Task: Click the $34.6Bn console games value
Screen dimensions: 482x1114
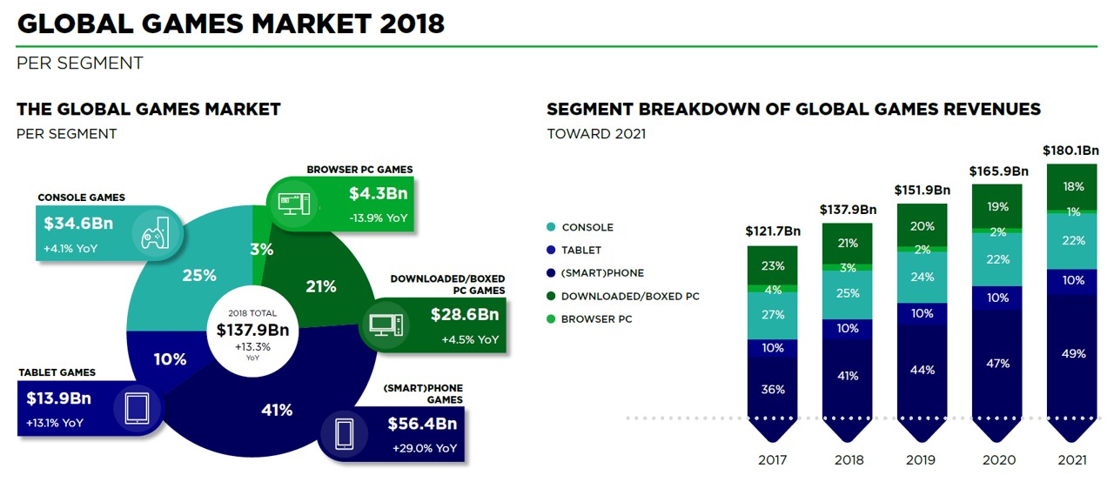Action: (x=78, y=223)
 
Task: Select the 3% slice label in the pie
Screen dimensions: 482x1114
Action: (x=262, y=250)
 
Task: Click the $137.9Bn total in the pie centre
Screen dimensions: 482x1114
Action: (x=252, y=330)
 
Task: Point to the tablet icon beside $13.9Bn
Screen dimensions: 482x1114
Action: (x=138, y=409)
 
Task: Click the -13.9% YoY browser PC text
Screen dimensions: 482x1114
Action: (x=378, y=217)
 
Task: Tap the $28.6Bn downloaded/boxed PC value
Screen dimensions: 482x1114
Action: (x=464, y=314)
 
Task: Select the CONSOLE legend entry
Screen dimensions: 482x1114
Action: (x=587, y=227)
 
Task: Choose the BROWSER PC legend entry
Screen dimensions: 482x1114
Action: (x=596, y=319)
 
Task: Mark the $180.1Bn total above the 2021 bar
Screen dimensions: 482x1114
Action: (x=1071, y=151)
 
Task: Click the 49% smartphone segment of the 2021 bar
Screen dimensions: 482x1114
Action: (x=1073, y=353)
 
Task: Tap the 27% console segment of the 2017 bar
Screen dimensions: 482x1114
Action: (x=773, y=315)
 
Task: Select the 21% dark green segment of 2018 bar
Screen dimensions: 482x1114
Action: (x=848, y=243)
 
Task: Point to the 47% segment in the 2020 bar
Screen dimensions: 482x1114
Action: (x=998, y=363)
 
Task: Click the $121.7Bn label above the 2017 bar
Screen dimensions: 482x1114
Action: (x=773, y=231)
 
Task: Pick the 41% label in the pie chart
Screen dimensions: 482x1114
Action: (x=277, y=410)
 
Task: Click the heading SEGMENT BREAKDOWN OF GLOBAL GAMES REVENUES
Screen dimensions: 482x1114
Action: (x=793, y=110)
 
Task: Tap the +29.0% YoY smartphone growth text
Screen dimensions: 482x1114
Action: (x=422, y=448)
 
